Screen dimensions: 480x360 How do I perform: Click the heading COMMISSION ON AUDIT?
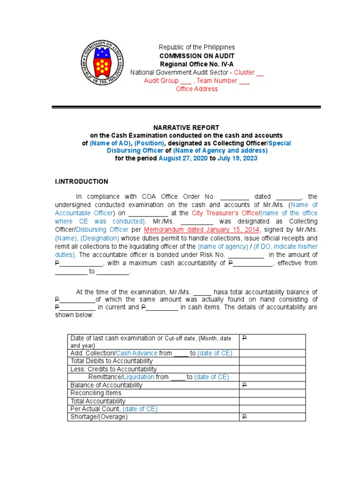tap(196, 56)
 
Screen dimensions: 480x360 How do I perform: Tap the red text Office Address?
tap(196, 89)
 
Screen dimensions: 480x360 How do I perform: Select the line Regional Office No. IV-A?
tap(196, 64)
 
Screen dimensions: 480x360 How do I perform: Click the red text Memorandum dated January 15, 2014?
tap(201, 230)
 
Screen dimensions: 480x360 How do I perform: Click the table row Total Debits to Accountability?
tap(111, 361)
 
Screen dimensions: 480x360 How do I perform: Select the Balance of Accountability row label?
tap(106, 385)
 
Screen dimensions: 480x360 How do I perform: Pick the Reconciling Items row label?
tap(96, 393)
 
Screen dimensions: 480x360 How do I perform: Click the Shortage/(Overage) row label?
tap(99, 417)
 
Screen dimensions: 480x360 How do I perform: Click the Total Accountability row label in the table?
tap(98, 401)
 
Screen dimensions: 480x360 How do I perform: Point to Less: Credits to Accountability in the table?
tap(113, 369)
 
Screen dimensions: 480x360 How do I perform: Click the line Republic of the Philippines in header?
tap(196, 47)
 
